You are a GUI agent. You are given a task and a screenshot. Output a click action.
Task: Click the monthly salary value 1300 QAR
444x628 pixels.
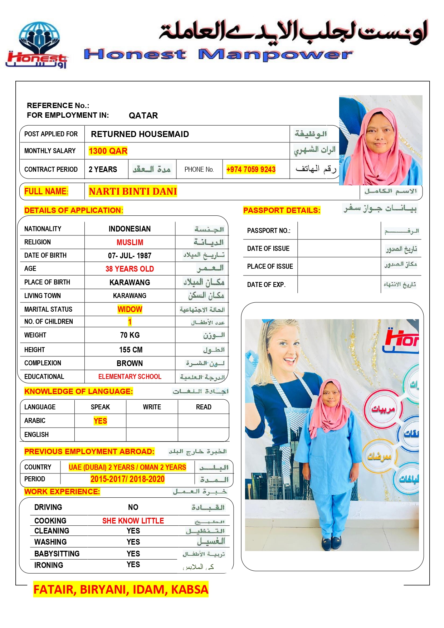click(108, 151)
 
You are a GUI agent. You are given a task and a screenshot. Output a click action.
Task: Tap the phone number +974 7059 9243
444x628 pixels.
click(251, 169)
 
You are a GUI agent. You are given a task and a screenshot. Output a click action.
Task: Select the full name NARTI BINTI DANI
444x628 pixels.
click(133, 191)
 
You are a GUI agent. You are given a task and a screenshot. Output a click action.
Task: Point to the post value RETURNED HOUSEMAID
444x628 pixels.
click(140, 134)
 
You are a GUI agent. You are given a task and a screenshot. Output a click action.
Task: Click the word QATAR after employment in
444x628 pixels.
click(143, 116)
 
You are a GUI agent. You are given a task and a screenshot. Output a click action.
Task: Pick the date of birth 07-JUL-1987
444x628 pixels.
click(130, 255)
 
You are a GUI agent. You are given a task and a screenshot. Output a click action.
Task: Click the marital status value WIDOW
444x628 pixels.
click(130, 309)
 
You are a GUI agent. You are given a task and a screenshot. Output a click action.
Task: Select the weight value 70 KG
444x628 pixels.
click(130, 335)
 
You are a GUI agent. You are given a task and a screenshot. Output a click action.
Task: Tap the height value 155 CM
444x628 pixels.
click(131, 350)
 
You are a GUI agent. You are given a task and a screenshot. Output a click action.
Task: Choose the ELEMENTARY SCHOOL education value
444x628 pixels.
click(130, 376)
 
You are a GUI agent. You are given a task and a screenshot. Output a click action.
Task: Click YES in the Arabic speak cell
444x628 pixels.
click(100, 421)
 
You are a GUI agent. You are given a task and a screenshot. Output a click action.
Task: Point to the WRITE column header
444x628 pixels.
click(152, 407)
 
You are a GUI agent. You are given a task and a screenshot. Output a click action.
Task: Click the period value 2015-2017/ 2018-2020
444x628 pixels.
click(127, 479)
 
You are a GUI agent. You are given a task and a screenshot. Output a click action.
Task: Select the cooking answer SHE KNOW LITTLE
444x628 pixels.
click(133, 521)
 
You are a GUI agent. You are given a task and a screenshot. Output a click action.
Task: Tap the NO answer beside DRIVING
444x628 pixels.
click(133, 507)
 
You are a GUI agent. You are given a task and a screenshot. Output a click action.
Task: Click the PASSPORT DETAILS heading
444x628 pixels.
click(282, 210)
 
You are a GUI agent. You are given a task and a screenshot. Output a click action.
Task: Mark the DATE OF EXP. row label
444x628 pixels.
click(266, 285)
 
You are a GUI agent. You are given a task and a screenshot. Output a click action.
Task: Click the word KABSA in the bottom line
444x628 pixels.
click(190, 589)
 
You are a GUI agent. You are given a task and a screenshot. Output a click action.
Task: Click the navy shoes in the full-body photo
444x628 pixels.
click(331, 543)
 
